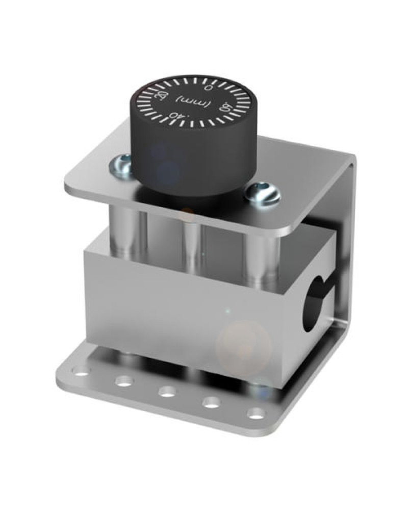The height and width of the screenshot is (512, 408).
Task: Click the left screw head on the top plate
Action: tap(121, 165)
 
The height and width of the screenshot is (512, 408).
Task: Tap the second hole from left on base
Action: tap(123, 381)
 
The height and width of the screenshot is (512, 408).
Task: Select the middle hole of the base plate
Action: tap(166, 392)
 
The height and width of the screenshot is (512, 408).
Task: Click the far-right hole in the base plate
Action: tap(255, 413)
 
